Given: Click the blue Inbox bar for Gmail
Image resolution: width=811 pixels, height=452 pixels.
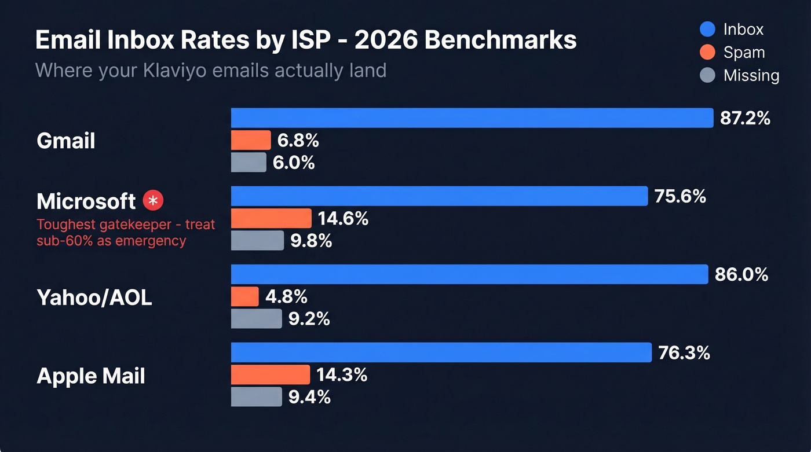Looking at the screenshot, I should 472,117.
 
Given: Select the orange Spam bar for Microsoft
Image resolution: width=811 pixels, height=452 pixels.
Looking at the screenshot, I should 271,218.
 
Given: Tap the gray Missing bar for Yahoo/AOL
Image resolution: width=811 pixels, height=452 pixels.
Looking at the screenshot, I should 256,318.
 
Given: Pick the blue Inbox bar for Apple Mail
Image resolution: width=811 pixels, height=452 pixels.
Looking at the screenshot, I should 441,352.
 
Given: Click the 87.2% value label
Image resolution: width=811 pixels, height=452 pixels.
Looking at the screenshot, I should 745,118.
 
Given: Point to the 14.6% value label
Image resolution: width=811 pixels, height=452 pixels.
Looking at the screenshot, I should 343,219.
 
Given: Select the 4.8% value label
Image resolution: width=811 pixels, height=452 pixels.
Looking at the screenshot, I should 286,297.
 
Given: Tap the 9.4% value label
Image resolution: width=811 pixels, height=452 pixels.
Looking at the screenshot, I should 310,397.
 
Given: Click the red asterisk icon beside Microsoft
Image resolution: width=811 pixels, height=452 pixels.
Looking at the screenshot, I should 154,201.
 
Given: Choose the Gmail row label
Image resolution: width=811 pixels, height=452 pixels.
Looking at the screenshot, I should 65,141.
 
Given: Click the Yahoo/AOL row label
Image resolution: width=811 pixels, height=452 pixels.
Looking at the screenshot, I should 94,297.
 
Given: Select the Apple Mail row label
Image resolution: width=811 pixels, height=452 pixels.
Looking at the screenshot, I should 91,376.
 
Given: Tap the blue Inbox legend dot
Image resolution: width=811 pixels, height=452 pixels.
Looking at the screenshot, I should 707,30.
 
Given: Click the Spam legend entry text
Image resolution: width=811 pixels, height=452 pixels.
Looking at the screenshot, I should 744,53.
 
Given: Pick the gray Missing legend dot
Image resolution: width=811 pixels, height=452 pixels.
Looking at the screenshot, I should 707,76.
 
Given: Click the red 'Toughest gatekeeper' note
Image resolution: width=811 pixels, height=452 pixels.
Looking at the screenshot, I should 126,232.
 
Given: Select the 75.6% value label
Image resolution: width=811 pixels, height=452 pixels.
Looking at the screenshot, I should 680,196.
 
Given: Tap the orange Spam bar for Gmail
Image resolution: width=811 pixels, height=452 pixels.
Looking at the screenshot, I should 251,140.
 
